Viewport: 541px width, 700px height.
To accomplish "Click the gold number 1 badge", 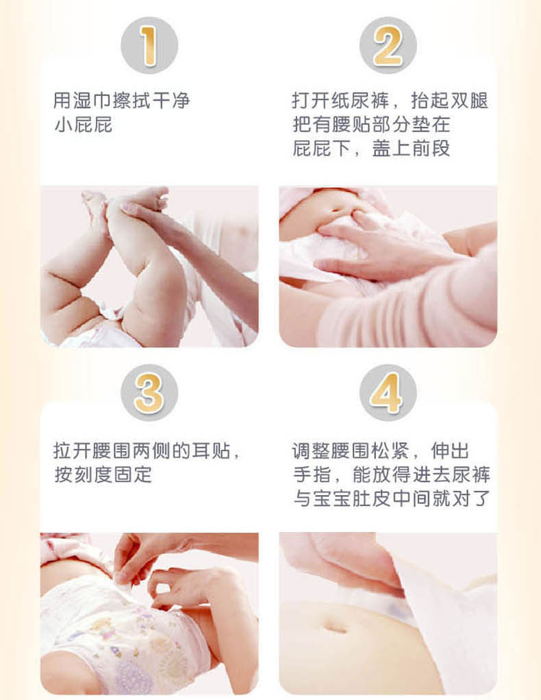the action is [x=149, y=45].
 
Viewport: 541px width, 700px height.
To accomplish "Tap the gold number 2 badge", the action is [x=388, y=45].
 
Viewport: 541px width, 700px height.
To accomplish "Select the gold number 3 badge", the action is [x=149, y=393].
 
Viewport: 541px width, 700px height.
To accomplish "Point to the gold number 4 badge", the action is [x=388, y=393].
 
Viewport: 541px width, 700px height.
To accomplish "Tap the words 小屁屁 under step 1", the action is [x=83, y=125].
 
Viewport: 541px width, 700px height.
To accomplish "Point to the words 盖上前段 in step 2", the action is [x=411, y=149].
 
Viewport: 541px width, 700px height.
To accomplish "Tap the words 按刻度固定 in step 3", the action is [x=103, y=475].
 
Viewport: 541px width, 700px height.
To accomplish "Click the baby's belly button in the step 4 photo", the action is [x=336, y=628].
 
